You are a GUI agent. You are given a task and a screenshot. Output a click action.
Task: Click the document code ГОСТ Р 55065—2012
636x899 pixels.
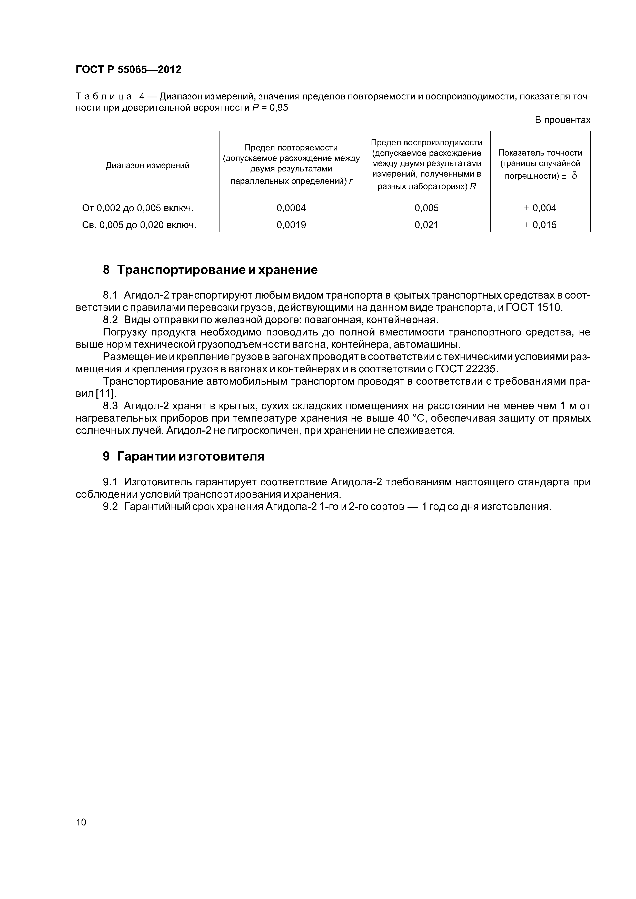pyautogui.click(x=128, y=70)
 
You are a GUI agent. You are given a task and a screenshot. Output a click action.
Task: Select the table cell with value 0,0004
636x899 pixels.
pyautogui.click(x=291, y=208)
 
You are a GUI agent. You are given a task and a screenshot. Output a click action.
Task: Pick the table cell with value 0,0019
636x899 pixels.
pyautogui.click(x=291, y=225)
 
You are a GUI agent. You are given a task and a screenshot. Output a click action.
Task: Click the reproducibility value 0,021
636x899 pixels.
pyautogui.click(x=426, y=225)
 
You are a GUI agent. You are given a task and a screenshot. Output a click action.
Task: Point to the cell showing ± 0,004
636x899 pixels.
pyautogui.click(x=540, y=208)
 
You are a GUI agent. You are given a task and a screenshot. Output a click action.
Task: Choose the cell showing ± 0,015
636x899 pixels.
pyautogui.click(x=540, y=225)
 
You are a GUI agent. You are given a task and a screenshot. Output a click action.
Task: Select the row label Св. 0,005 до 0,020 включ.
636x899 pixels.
pyautogui.click(x=139, y=225)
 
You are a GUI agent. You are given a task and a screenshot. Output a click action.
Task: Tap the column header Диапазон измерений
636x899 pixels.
pyautogui.click(x=147, y=165)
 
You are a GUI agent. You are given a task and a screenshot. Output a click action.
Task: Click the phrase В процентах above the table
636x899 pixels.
pyautogui.click(x=562, y=120)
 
